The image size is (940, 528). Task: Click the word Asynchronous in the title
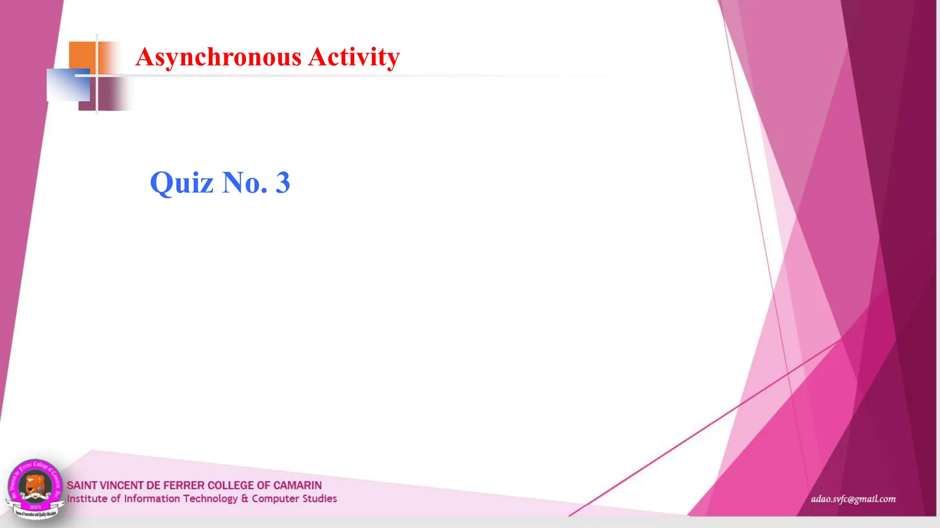218,57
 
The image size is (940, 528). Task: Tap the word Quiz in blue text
182,183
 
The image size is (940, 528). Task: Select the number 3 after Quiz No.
283,183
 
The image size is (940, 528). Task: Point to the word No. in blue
245,183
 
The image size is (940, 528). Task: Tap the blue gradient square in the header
68,85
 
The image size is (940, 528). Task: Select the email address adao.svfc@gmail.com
853,499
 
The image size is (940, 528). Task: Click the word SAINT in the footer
82,485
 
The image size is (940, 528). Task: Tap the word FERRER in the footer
184,485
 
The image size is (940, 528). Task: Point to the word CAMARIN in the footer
297,485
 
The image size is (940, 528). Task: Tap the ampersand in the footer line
245,499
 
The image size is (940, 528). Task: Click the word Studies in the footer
319,499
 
